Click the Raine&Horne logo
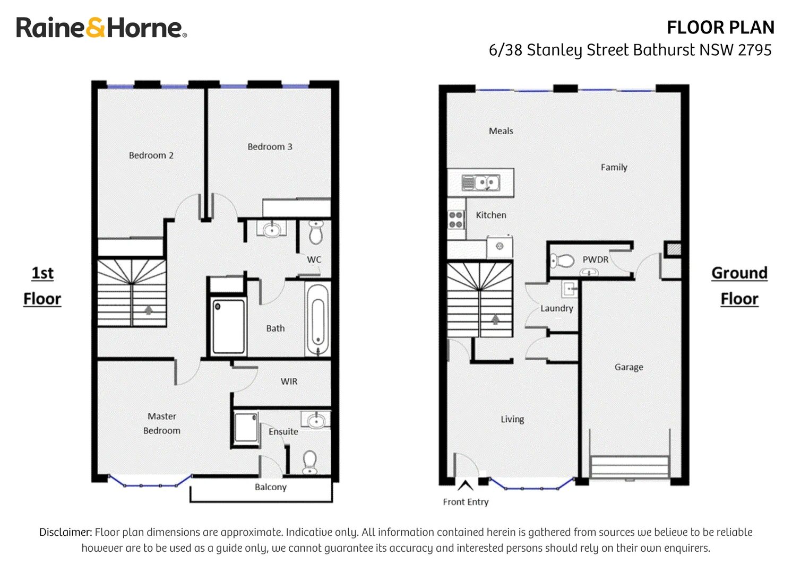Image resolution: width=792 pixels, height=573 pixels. (x=101, y=28)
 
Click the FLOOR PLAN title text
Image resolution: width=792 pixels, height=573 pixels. (x=720, y=28)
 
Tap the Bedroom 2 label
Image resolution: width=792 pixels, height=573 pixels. (x=151, y=155)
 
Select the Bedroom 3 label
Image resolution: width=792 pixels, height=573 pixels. (x=270, y=146)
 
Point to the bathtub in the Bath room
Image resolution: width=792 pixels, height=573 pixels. (x=318, y=320)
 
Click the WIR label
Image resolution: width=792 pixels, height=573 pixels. (x=289, y=381)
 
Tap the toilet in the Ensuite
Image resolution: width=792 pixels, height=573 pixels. (x=309, y=462)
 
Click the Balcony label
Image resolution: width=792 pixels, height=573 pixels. (x=271, y=487)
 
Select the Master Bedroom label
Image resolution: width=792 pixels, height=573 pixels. (x=161, y=423)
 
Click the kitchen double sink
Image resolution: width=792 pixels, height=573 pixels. (x=480, y=183)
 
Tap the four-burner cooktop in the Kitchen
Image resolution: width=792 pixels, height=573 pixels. (x=456, y=220)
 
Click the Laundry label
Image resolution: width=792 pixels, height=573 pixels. (x=556, y=308)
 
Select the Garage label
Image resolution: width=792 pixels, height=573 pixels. (x=629, y=367)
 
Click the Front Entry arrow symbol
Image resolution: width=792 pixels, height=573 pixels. (x=465, y=485)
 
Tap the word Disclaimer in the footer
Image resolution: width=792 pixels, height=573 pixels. (x=66, y=532)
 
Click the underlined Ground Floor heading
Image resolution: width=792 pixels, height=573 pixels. (x=739, y=286)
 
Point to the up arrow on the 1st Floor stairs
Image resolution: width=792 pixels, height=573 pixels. (x=149, y=310)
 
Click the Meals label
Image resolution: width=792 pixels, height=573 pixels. (x=501, y=131)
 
